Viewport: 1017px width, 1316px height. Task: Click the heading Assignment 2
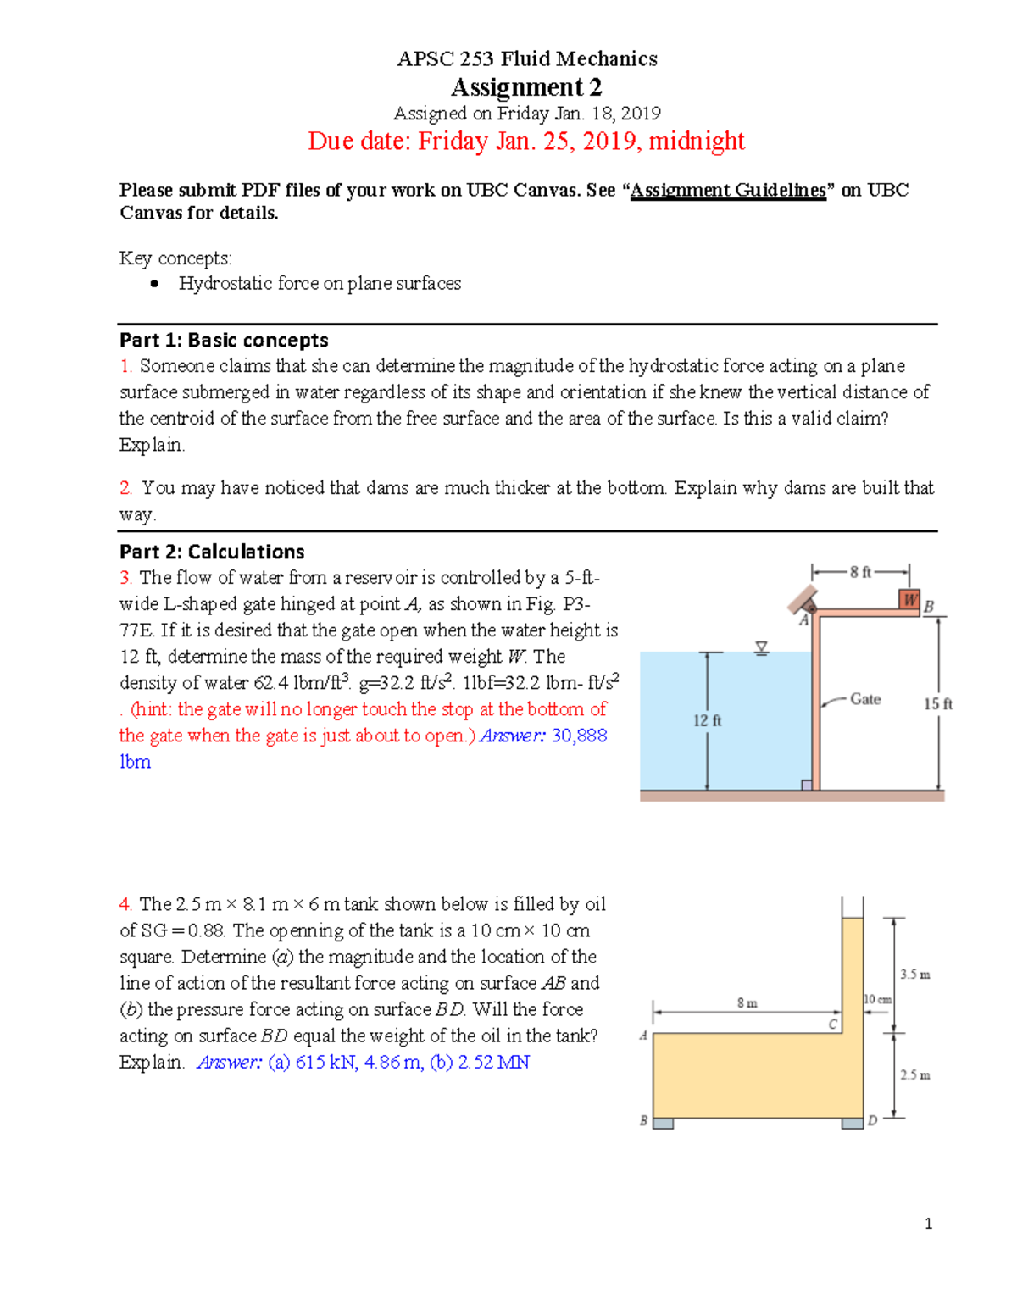(x=526, y=87)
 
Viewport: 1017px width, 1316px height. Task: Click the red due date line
(x=526, y=141)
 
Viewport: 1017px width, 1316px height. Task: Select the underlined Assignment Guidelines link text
(x=728, y=190)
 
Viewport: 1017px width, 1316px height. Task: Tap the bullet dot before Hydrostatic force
(x=154, y=284)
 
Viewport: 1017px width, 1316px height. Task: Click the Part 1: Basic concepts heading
(x=224, y=340)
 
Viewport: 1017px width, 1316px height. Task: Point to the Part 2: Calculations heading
(x=212, y=552)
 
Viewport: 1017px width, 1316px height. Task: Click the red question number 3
(x=125, y=578)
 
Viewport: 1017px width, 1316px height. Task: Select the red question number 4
(x=125, y=904)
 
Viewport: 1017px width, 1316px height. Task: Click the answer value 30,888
(x=579, y=736)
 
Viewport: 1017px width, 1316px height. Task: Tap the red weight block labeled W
(x=909, y=600)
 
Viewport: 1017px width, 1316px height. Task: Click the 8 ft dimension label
(x=860, y=572)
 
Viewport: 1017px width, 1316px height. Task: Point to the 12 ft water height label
(x=707, y=720)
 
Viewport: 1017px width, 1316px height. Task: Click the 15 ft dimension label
(x=937, y=704)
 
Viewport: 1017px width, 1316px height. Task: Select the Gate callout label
(x=865, y=699)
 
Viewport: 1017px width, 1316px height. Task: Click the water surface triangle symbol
(x=762, y=648)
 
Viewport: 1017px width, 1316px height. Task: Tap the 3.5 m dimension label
(x=914, y=975)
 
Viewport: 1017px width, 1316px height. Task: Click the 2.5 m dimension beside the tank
(x=914, y=1075)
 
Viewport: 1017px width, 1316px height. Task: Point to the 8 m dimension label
(x=747, y=1002)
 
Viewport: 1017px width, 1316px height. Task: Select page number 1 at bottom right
(x=929, y=1224)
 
